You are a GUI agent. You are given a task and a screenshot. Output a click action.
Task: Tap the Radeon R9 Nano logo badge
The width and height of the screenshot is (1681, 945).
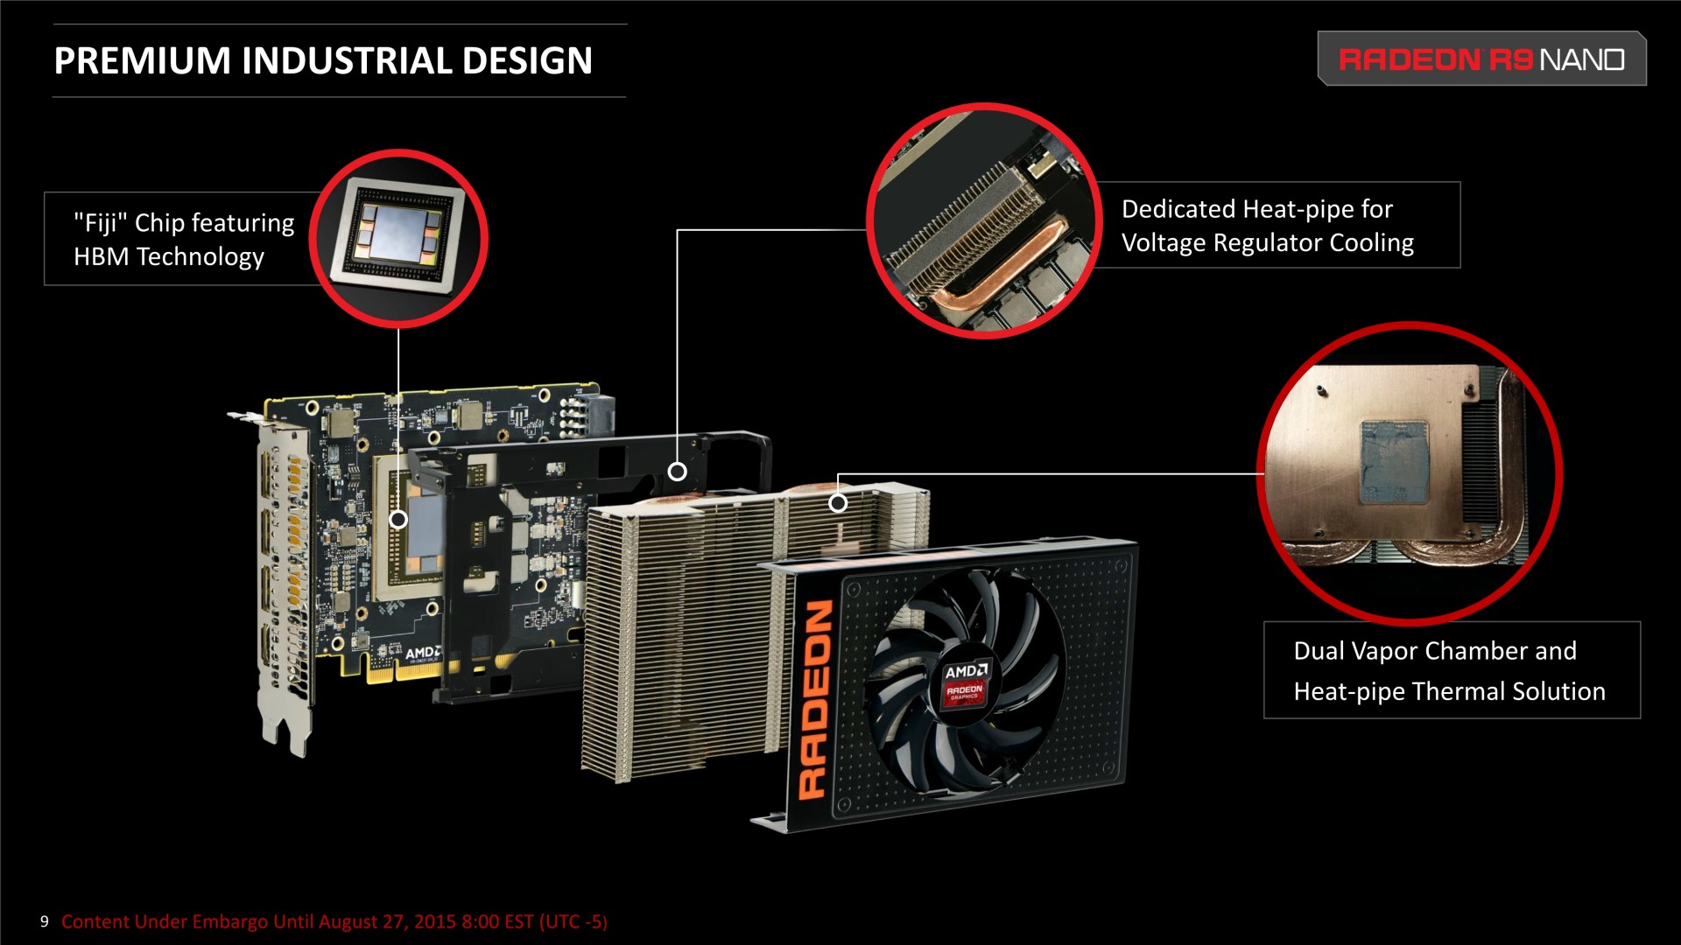pos(1481,59)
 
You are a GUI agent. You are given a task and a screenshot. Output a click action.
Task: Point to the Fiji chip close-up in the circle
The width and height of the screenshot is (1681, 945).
pos(398,238)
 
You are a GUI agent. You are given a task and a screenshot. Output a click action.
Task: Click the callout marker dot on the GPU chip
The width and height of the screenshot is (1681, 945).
pos(398,519)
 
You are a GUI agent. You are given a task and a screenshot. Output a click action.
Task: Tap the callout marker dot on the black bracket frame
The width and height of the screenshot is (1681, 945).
pos(677,472)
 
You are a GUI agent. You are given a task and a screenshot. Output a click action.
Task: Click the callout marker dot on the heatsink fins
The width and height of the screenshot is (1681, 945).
pos(838,502)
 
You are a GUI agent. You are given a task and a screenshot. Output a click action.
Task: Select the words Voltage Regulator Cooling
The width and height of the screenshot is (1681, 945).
pos(1268,242)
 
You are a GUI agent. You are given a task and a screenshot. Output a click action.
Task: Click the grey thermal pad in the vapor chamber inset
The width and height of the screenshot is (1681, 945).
pos(1395,463)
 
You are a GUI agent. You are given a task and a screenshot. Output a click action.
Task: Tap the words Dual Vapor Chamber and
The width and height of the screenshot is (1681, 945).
pos(1435,651)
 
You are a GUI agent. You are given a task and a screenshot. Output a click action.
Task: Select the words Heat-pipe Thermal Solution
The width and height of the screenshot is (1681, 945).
pos(1450,691)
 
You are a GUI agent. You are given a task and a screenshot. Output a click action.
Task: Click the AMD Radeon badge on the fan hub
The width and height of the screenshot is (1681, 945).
pos(965,683)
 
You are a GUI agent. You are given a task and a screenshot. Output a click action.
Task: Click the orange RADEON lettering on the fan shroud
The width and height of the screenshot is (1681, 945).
pos(815,699)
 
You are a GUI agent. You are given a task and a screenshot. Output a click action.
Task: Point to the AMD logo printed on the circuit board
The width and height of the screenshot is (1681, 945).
pos(424,653)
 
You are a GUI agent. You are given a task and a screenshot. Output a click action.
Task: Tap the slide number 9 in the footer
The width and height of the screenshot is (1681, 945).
pos(44,921)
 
